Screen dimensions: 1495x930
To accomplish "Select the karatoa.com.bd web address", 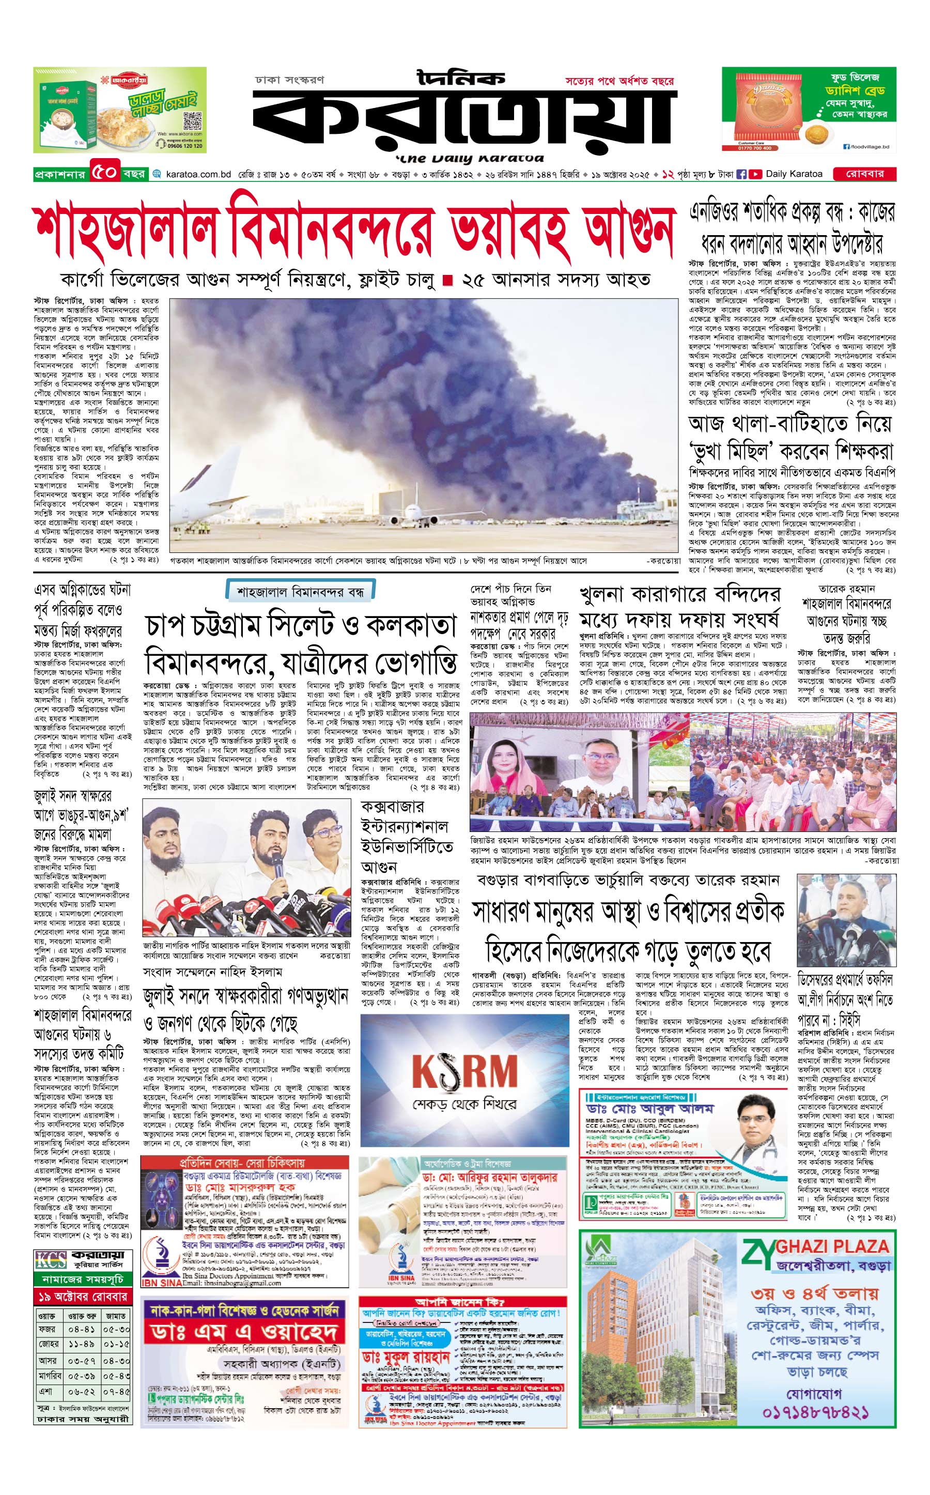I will [x=197, y=175].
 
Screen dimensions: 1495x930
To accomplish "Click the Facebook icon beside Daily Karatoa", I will [x=742, y=174].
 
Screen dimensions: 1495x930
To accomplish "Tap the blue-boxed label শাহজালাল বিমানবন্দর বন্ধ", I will [x=300, y=592].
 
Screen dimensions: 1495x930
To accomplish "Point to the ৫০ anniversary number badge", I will [x=104, y=173].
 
